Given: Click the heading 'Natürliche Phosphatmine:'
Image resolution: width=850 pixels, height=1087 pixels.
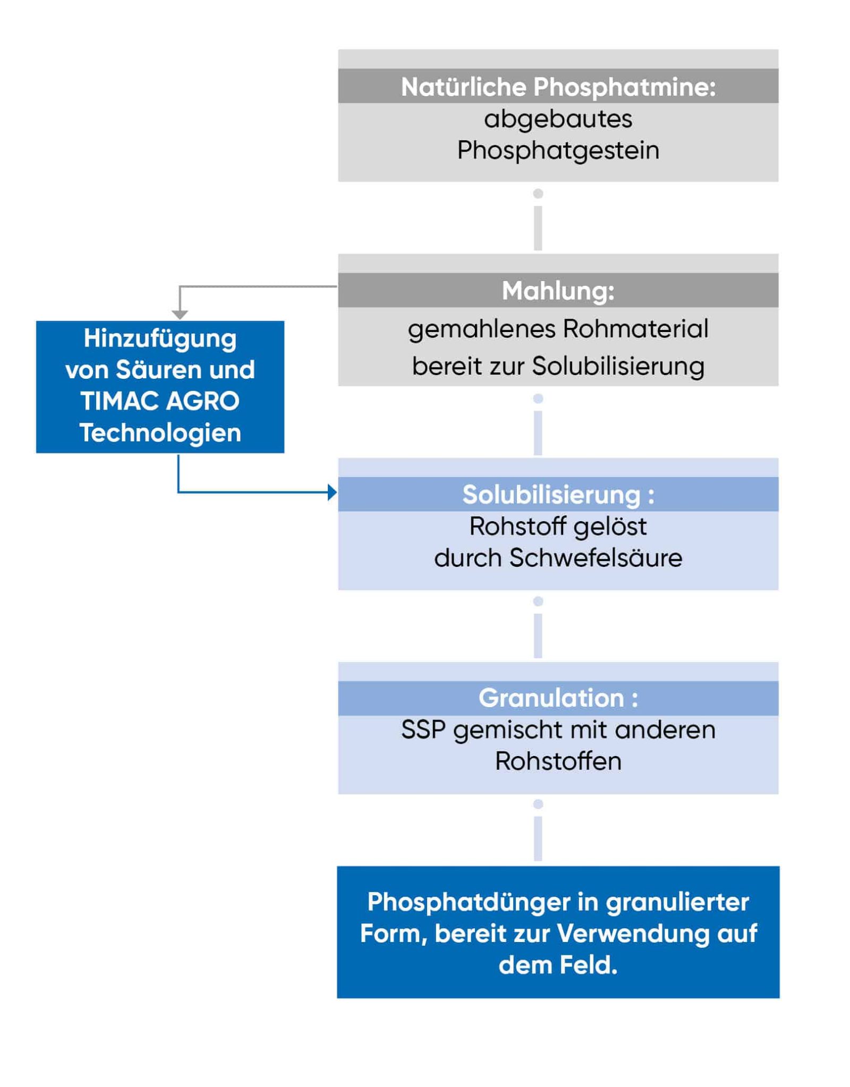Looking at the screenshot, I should point(558,87).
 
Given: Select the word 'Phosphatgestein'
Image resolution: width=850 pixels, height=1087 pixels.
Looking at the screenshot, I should point(558,150).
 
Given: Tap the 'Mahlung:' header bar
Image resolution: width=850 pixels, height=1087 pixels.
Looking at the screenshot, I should point(558,291).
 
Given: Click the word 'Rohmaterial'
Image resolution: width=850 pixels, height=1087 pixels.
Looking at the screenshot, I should point(635,328).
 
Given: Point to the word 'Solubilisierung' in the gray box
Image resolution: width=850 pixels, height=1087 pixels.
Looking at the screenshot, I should point(618,366).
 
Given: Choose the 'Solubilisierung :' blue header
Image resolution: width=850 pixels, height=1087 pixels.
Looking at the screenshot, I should point(558,495).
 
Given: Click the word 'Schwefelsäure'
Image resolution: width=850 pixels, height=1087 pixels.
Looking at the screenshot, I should point(596,558).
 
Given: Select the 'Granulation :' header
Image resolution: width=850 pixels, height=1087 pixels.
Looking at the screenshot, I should point(558,698).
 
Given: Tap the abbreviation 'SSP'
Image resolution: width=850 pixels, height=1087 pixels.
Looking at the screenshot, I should point(423,730).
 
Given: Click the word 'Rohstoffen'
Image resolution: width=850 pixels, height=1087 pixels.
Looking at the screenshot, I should point(558,761).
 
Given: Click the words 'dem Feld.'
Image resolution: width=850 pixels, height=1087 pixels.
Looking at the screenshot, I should point(558,965).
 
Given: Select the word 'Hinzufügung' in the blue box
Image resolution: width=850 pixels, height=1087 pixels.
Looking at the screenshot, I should point(160,338).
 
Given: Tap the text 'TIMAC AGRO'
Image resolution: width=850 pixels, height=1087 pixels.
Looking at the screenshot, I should point(160,401).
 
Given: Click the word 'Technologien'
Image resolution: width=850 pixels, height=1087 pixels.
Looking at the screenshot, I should point(160,432).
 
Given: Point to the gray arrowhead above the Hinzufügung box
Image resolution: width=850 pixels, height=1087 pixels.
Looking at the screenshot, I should point(180,315).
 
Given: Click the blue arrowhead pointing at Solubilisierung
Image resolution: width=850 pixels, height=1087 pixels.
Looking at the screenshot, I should point(332,492).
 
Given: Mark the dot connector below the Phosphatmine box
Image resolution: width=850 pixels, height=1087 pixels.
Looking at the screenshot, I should point(538,194).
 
